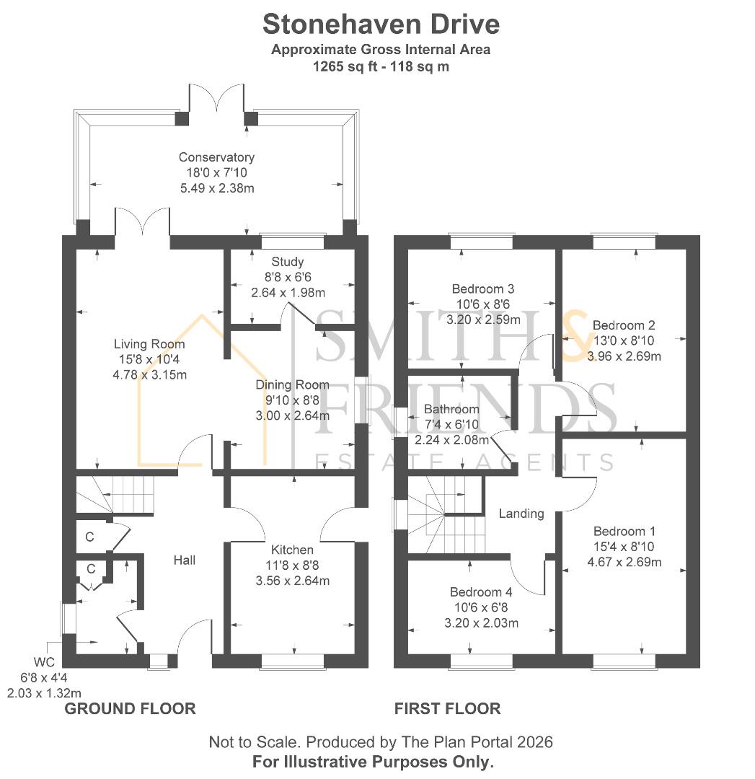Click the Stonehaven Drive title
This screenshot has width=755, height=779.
click(x=381, y=25)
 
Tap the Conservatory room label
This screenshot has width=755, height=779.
click(x=216, y=157)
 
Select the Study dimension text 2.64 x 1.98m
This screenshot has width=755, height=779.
click(x=288, y=293)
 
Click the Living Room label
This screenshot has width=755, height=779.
click(x=149, y=344)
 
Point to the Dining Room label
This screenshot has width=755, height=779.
click(x=292, y=384)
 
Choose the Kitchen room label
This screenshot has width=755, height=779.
click(x=292, y=550)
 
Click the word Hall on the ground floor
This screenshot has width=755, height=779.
click(x=185, y=560)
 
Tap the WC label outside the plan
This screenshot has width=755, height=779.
click(x=44, y=662)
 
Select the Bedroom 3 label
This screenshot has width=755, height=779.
click(x=483, y=289)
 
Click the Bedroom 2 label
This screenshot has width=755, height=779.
click(x=624, y=325)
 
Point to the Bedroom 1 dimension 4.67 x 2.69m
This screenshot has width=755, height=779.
click(x=624, y=562)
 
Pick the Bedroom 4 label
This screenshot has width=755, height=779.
click(x=481, y=592)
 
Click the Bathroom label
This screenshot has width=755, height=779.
click(x=451, y=409)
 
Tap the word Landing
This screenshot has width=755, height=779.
click(x=521, y=514)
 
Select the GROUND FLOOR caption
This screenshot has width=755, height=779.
click(x=130, y=708)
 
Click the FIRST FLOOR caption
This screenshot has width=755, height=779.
click(x=448, y=708)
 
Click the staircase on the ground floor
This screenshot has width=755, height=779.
click(x=115, y=495)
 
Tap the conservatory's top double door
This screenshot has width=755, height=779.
click(x=216, y=97)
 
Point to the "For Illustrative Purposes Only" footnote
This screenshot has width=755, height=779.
click(x=373, y=762)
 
